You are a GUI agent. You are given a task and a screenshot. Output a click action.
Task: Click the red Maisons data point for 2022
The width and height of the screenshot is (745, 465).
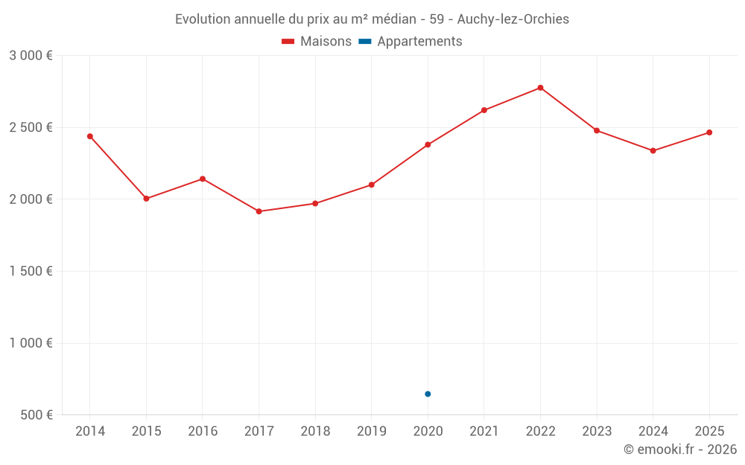point(540,88)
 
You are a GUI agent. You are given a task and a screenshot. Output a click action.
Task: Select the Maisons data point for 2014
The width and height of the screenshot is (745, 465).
point(90,136)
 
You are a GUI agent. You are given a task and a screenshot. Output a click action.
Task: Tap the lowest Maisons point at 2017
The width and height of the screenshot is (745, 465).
point(259,211)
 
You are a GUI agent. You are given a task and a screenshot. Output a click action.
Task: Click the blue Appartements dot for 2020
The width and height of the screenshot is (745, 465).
point(428,394)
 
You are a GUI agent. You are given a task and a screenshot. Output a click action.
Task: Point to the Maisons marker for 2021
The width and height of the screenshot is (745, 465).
point(484,110)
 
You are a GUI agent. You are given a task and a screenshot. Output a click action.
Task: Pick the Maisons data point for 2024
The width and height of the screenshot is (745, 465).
point(653,151)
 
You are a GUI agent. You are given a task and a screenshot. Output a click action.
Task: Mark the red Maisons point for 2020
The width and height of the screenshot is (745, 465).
point(428,144)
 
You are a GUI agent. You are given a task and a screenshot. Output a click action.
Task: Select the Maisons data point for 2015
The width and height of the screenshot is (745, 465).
point(146,199)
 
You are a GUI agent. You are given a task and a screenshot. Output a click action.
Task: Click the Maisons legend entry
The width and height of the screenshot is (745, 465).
point(317,42)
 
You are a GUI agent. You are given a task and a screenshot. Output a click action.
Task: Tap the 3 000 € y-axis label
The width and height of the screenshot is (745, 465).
point(31,56)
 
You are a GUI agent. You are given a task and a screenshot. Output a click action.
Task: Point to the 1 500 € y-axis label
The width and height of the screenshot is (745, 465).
point(31,272)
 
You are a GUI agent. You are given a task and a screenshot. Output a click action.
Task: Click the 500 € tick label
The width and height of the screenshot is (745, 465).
point(36,415)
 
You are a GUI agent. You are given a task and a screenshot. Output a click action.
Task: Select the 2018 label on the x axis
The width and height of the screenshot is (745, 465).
point(315,432)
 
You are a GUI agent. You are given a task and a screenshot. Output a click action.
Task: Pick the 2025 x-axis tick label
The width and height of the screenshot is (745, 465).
point(709,432)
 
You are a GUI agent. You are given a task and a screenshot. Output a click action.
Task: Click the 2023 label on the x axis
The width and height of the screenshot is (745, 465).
point(597,432)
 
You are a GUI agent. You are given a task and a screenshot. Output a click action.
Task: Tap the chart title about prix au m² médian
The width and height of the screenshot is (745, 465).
point(372,19)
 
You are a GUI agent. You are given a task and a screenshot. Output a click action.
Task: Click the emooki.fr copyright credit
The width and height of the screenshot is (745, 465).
point(679,449)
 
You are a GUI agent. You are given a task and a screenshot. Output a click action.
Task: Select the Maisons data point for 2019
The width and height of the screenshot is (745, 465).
point(372,185)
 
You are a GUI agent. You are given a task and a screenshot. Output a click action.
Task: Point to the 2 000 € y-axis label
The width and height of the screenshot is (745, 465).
point(31,199)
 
